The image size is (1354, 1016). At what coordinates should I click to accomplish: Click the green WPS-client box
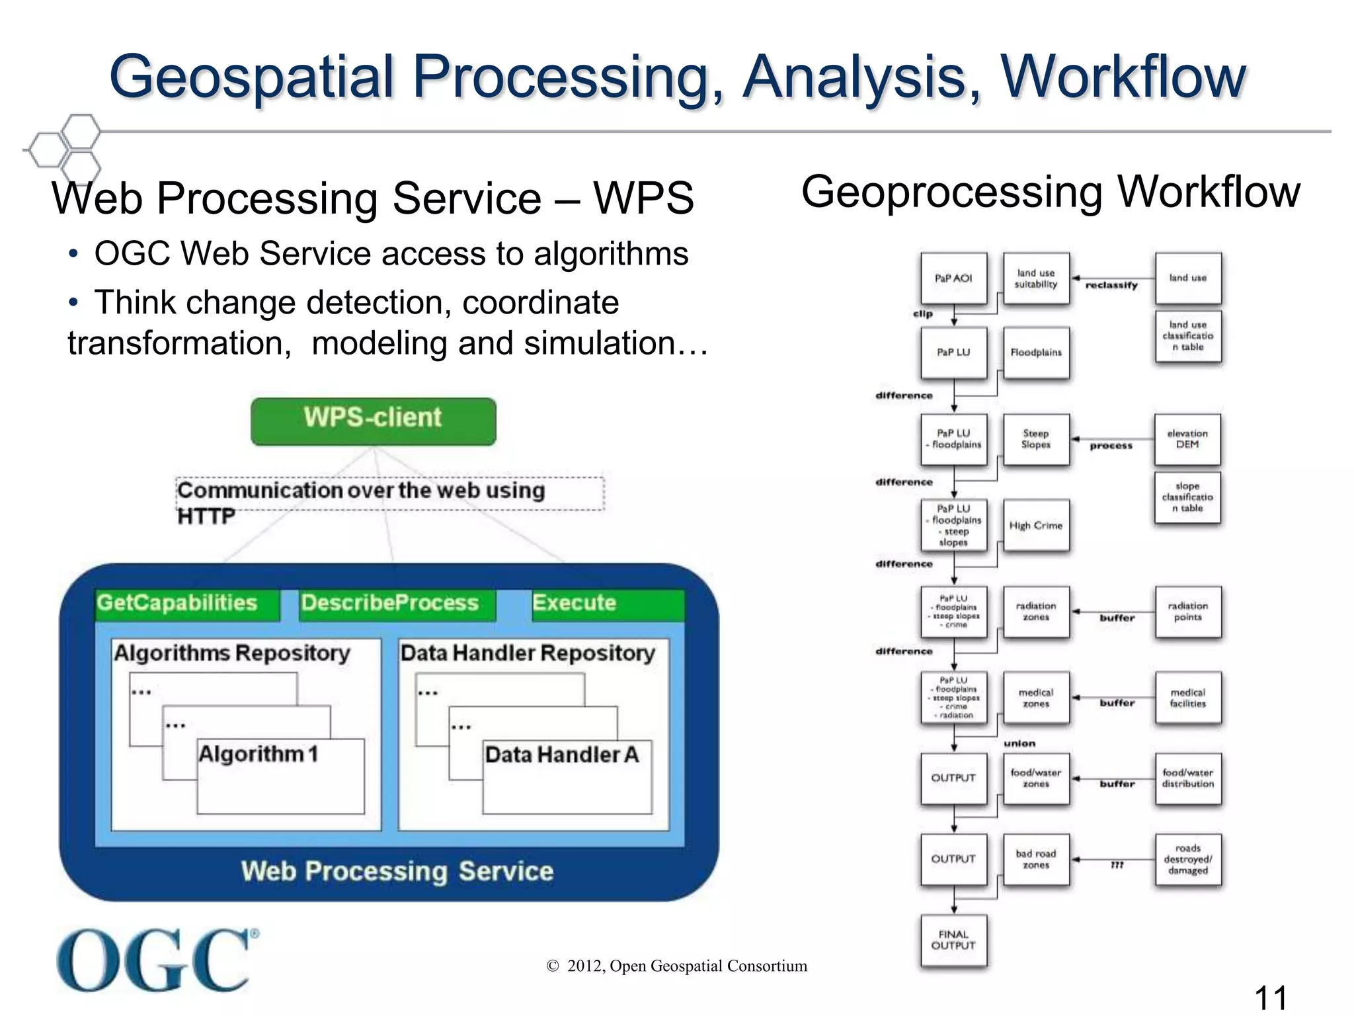point(373,421)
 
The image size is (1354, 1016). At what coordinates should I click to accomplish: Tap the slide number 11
point(1271,997)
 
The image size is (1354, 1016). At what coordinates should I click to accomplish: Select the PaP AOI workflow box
point(953,278)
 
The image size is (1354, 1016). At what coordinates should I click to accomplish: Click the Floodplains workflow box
point(1036,353)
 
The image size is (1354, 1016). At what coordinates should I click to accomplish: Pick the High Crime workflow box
point(1036,525)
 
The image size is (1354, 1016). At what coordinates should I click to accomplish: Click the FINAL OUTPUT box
point(953,941)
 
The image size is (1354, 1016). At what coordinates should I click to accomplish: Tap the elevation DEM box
point(1187,439)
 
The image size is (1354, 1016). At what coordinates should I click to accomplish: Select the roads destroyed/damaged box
point(1188,859)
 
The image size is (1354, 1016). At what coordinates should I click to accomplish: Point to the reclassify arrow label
point(1111,285)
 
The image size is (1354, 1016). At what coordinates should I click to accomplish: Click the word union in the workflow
point(1019,743)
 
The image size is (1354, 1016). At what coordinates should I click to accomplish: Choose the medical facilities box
point(1188,698)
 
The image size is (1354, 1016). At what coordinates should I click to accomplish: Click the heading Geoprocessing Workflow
point(1051,192)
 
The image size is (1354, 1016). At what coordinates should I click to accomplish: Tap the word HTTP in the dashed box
point(206,516)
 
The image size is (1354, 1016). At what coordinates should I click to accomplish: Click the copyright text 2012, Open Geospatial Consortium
point(677,966)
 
